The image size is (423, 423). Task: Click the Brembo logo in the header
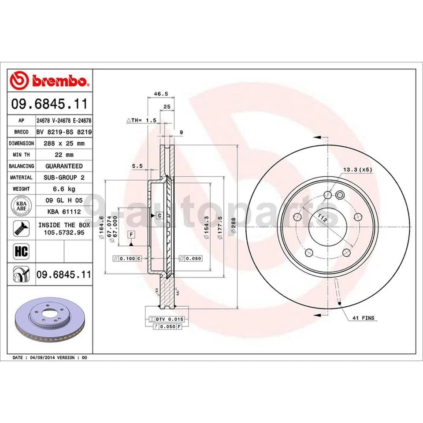pyautogui.click(x=50, y=81)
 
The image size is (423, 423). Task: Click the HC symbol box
pyautogui.click(x=21, y=252)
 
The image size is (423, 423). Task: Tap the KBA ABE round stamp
pyautogui.click(x=21, y=206)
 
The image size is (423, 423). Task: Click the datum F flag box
pyautogui.click(x=131, y=234)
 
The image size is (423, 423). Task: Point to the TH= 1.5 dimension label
pyautogui.click(x=141, y=120)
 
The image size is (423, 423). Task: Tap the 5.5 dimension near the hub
pyautogui.click(x=137, y=166)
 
